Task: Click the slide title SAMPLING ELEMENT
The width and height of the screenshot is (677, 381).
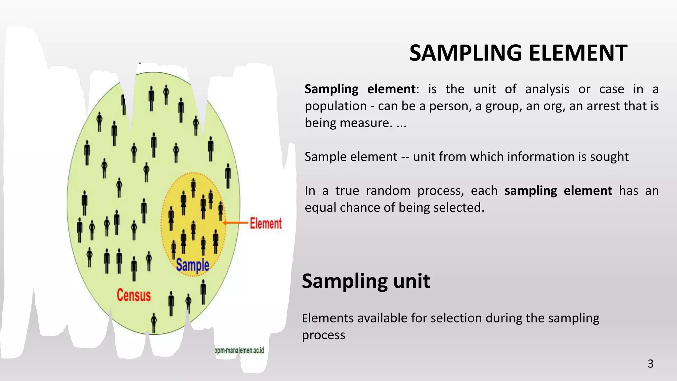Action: click(x=518, y=53)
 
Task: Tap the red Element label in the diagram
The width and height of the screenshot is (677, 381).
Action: click(x=265, y=224)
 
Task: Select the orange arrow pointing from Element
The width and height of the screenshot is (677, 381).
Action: click(x=236, y=223)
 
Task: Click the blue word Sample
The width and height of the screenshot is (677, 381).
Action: click(x=192, y=265)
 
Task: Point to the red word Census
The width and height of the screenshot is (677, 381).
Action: click(x=134, y=295)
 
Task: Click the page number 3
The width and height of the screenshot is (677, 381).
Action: click(x=650, y=364)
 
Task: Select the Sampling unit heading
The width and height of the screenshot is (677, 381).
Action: click(x=366, y=281)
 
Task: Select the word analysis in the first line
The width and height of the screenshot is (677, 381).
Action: click(x=547, y=89)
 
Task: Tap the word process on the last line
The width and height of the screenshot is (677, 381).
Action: click(x=323, y=335)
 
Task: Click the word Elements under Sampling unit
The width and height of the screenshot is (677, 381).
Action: click(x=328, y=318)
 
